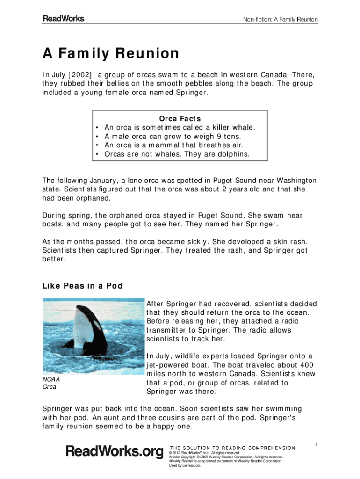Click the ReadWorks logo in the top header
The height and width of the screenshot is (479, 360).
pos(64,19)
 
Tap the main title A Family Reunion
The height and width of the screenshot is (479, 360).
pos(111,54)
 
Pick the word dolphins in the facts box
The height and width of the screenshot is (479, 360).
pos(232,154)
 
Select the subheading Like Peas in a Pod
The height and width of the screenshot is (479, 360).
pos(83,286)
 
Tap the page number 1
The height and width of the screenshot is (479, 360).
pos(317,444)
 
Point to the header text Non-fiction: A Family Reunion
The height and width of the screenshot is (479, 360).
pos(281,20)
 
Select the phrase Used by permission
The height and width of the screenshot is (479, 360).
pos(185,465)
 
